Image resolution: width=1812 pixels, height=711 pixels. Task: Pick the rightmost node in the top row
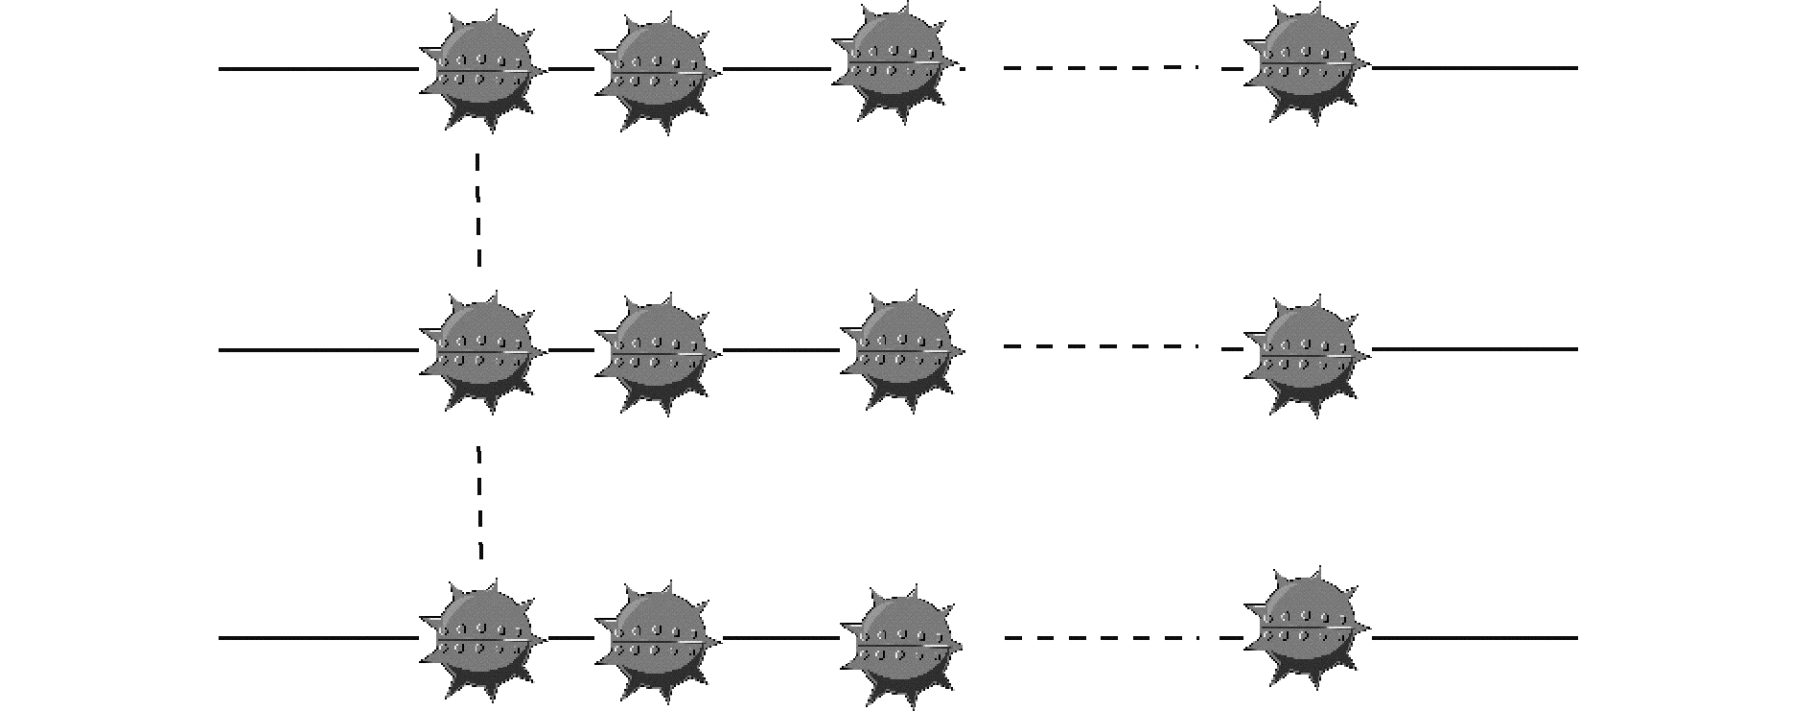click(x=1306, y=65)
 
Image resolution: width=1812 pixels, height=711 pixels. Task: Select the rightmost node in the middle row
click(x=1306, y=353)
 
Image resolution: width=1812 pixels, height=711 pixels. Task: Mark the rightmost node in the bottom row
click(x=1306, y=626)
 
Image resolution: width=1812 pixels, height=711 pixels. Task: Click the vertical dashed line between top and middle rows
click(x=478, y=208)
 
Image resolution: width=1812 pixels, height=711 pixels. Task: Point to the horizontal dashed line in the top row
click(x=1103, y=68)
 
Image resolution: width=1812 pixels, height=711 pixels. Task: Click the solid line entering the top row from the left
click(x=316, y=69)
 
